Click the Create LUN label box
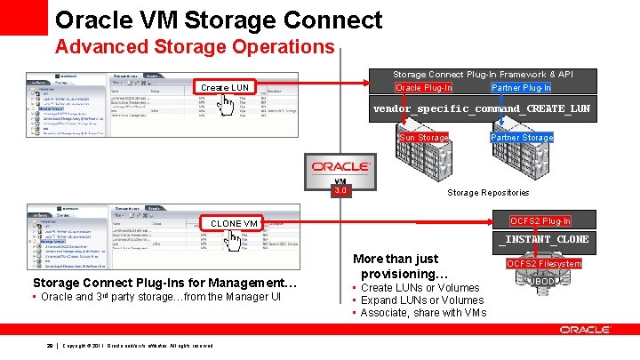point(225,87)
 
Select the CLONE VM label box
point(234,222)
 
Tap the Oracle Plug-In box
point(423,87)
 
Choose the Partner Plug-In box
point(521,87)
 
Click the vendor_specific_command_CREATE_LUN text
point(481,109)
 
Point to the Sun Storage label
point(424,138)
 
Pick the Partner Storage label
point(522,138)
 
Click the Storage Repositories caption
point(488,192)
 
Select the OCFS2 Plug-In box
point(540,221)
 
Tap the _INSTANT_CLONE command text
point(544,239)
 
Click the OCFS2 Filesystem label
point(544,264)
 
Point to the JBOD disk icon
point(543,282)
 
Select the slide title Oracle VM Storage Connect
point(219,20)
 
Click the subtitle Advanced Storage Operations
point(195,46)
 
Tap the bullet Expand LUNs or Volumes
point(422,300)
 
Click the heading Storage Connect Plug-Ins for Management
point(164,284)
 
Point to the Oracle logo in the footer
point(585,330)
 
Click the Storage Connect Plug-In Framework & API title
point(483,75)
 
